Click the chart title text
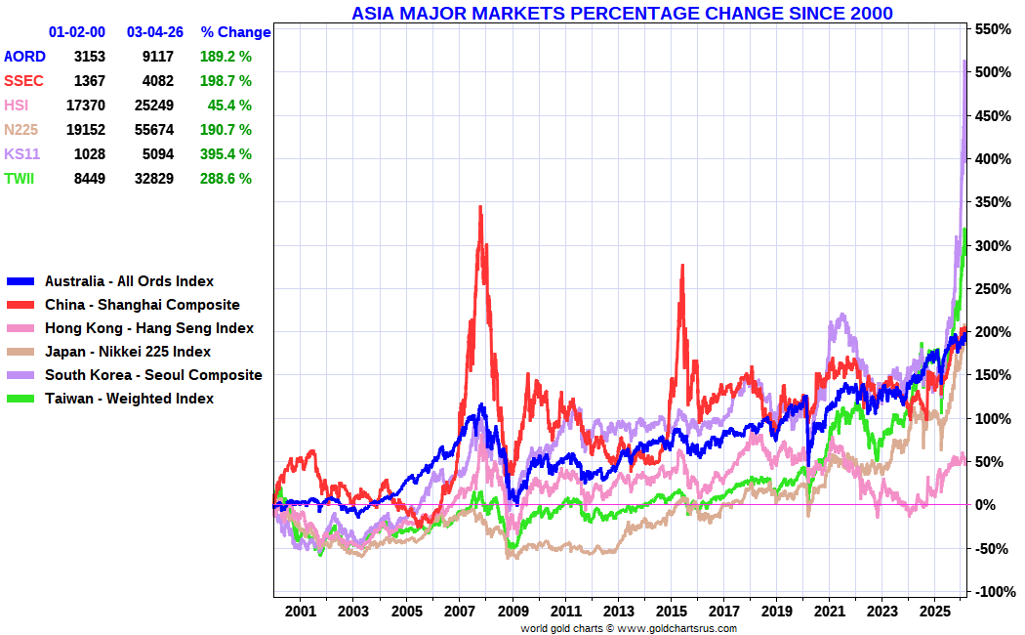[622, 13]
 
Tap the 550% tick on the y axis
[989, 29]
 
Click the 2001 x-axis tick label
[301, 612]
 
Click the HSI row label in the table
[17, 106]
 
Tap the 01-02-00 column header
[77, 32]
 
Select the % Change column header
[235, 32]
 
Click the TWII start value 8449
[89, 179]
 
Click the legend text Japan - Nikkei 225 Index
[127, 352]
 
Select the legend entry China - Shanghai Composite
[142, 305]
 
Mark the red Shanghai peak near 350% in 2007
[480, 208]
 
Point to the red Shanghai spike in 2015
[681, 266]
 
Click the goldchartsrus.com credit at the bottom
[629, 628]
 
